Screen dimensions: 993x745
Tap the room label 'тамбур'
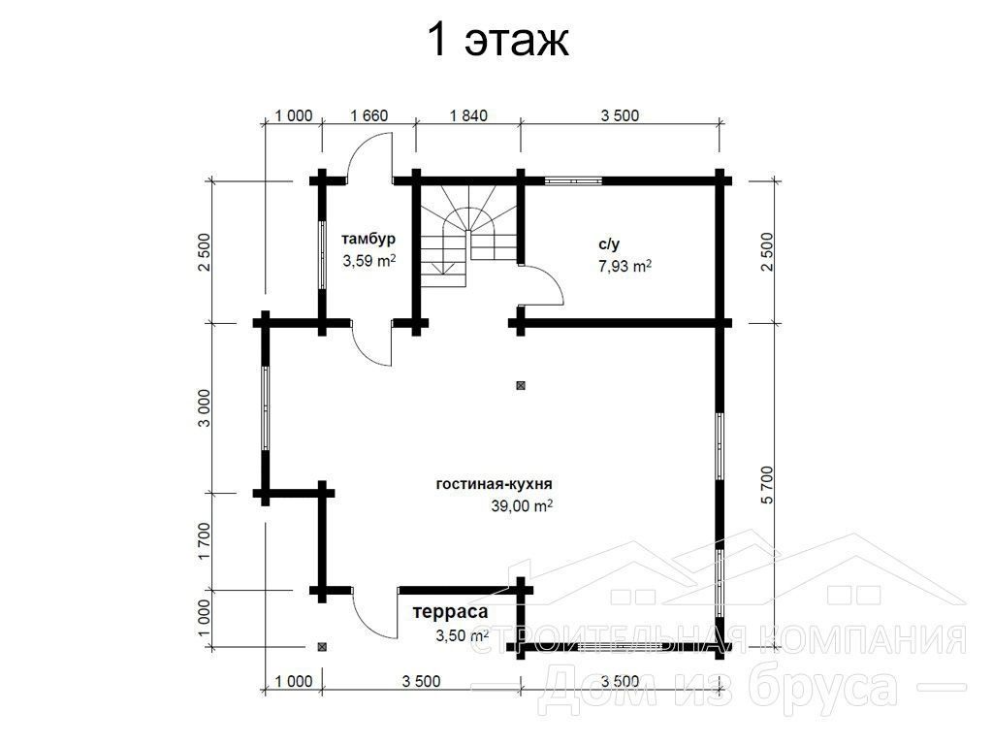(368, 240)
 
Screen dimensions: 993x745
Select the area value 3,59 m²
(369, 260)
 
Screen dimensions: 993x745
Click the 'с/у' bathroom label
(609, 243)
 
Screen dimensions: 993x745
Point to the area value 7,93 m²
(625, 266)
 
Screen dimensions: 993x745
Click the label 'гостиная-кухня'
(494, 484)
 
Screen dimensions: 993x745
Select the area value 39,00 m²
(522, 505)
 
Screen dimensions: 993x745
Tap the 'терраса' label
(450, 612)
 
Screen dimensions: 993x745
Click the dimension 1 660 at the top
(368, 116)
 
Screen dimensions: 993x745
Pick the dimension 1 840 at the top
(468, 116)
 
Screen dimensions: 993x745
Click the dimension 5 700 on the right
(768, 485)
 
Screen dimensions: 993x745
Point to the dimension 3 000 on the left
(204, 407)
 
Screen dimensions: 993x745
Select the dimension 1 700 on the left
(204, 541)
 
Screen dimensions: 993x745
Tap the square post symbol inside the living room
(521, 385)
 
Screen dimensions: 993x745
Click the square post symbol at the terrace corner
(322, 647)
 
